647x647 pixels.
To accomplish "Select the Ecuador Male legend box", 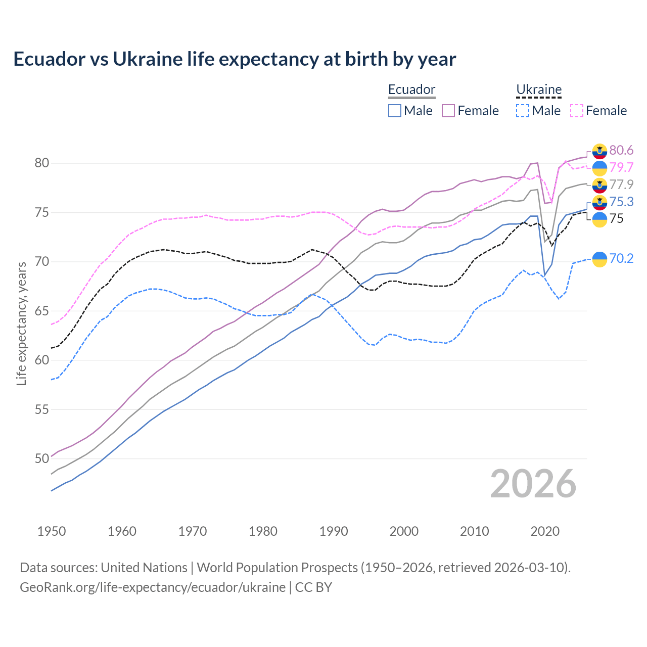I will pyautogui.click(x=395, y=111).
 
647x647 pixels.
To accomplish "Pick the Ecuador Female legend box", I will pyautogui.click(x=448, y=111).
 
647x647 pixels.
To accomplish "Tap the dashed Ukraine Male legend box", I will pyautogui.click(x=523, y=111).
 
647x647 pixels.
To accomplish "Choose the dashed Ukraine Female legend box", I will pyautogui.click(x=577, y=111).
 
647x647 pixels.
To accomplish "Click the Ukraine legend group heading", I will pyautogui.click(x=539, y=89).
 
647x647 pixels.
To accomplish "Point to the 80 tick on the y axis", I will pyautogui.click(x=41, y=163).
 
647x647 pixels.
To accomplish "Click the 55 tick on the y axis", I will pyautogui.click(x=41, y=409).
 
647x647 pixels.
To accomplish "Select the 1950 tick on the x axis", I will pyautogui.click(x=52, y=531).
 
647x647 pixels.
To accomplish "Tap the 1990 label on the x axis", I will pyautogui.click(x=334, y=531).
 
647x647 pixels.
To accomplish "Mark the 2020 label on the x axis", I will pyautogui.click(x=545, y=531).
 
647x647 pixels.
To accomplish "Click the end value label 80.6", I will pyautogui.click(x=621, y=150).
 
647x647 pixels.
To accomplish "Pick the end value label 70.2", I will pyautogui.click(x=621, y=259).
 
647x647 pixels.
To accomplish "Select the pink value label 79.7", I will pyautogui.click(x=621, y=167).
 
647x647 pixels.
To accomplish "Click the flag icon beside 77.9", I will pyautogui.click(x=599, y=185).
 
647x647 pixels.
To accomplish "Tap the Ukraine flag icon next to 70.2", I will pyautogui.click(x=599, y=259).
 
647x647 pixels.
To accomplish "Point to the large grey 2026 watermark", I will pyautogui.click(x=533, y=484).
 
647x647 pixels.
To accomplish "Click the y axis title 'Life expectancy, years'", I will pyautogui.click(x=22, y=323).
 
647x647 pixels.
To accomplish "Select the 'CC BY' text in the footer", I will pyautogui.click(x=313, y=587).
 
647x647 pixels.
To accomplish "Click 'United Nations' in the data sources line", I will pyautogui.click(x=144, y=568).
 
